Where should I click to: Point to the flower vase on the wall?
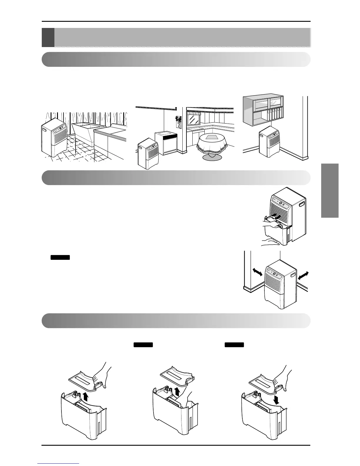tap(178, 122)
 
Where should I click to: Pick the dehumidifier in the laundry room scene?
tap(54, 137)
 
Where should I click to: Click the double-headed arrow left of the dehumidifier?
tap(257, 272)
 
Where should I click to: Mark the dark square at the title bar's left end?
tap(48, 37)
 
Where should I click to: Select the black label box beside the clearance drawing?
tap(60, 257)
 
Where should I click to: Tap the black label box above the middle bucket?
tap(143, 345)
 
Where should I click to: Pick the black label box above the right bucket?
tap(234, 345)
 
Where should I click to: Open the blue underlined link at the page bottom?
tap(59, 464)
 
